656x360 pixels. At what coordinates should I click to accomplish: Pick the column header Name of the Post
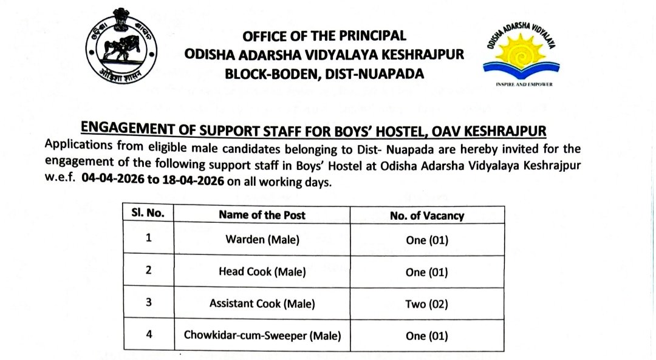pos(262,215)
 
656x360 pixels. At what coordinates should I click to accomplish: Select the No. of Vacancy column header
pos(426,215)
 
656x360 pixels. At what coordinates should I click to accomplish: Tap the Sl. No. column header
pos(148,214)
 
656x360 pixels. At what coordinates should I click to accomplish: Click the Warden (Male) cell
pos(262,240)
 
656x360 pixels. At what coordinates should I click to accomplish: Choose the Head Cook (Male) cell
pos(262,271)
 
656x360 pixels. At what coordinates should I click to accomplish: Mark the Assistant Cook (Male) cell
pos(262,304)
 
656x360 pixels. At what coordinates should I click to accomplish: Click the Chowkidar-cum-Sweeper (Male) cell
pos(262,335)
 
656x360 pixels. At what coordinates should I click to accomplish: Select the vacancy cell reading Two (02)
pos(426,304)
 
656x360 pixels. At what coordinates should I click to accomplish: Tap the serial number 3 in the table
pos(148,302)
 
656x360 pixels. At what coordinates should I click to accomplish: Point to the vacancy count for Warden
pos(426,240)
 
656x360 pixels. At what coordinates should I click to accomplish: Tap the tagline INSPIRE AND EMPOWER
pos(524,84)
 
